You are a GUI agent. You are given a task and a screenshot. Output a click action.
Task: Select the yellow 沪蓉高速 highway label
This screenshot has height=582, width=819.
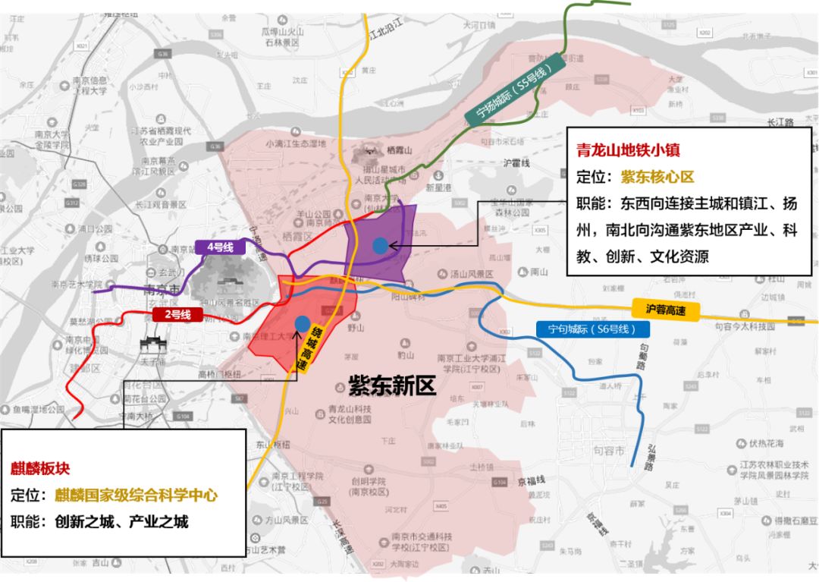665,309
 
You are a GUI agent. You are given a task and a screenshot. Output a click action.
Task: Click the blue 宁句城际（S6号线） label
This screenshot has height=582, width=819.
592,329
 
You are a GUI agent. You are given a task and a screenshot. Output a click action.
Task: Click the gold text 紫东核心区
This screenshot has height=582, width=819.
657,177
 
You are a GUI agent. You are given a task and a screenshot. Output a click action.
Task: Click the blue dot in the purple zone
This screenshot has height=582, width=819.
380,245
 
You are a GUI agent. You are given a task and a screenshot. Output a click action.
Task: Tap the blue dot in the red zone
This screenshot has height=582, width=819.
303,324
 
